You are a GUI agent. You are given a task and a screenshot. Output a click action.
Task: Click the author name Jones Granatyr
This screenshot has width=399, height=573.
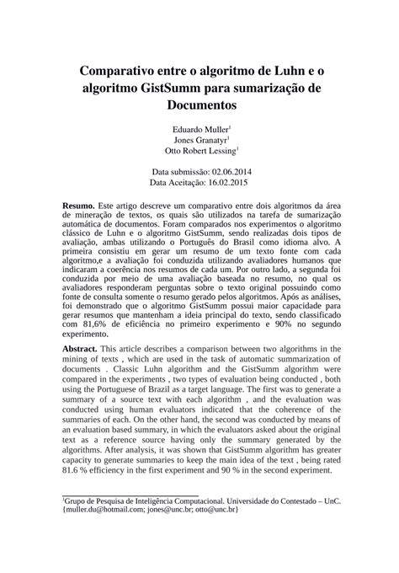coord(198,141)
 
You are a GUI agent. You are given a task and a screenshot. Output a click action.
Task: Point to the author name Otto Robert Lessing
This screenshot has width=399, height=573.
coord(199,152)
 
